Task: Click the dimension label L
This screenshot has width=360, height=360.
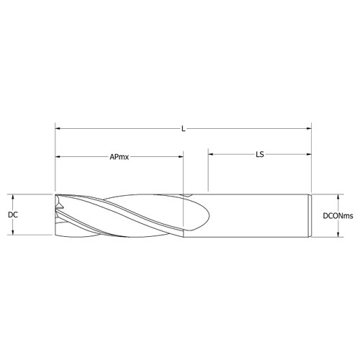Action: point(184,129)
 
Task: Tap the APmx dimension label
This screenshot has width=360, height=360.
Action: point(120,156)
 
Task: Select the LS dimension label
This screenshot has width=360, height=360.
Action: point(258,153)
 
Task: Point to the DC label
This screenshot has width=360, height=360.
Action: point(12,215)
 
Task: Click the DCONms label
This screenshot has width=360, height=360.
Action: point(338,215)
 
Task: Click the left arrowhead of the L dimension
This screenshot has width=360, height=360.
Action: point(58,129)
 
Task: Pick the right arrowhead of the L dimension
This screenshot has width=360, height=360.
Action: point(308,129)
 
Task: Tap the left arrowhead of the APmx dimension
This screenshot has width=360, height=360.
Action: point(58,156)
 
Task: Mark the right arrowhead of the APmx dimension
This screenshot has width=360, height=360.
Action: point(181,156)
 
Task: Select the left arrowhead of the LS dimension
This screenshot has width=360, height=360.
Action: point(211,153)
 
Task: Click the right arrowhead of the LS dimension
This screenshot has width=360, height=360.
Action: point(308,153)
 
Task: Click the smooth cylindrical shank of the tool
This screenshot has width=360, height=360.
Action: point(259,215)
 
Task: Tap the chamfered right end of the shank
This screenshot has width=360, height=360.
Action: point(310,215)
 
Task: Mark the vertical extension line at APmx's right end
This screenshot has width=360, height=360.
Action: point(184,173)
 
